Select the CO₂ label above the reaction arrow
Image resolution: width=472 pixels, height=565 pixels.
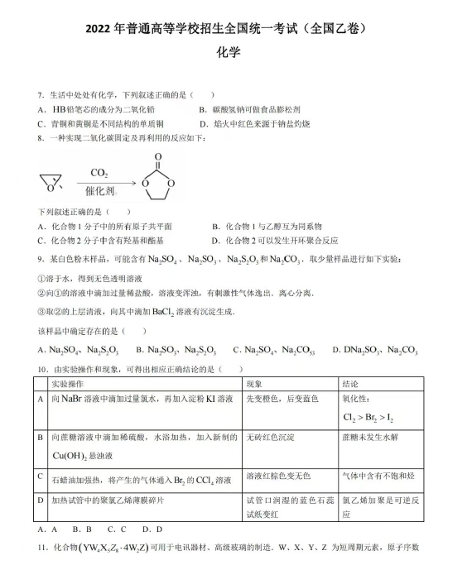99,173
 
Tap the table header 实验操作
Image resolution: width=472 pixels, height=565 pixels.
71,384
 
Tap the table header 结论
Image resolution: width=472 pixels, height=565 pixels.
351,384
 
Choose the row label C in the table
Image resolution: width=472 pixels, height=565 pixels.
41,476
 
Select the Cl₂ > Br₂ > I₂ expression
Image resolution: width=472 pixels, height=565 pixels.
369,418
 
